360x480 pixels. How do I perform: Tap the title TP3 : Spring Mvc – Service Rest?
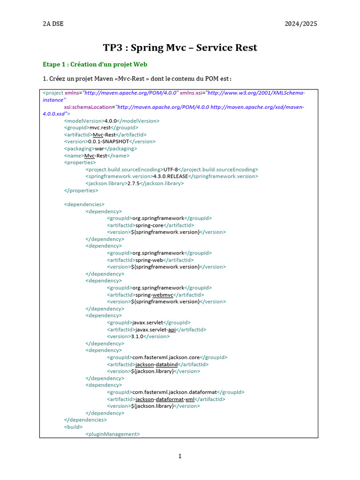[x=180, y=48]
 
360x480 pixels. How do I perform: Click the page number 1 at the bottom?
[x=180, y=457]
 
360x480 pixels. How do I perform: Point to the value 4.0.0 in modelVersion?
[x=111, y=120]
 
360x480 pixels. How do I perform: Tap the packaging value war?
[x=100, y=148]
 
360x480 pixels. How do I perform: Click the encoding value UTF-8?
[x=171, y=169]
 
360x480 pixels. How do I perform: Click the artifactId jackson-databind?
[x=155, y=364]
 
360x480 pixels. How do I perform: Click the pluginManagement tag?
[x=112, y=434]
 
